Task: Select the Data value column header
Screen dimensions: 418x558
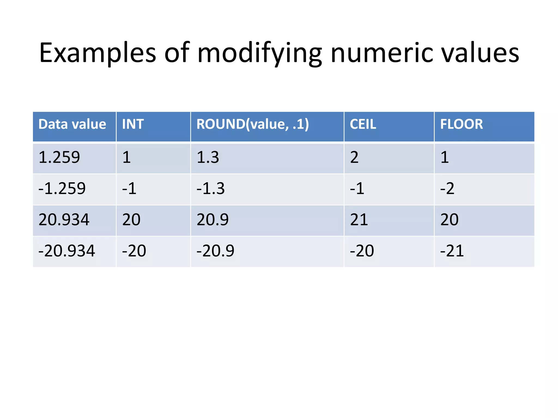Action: tap(72, 124)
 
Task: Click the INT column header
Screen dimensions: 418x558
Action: tap(133, 124)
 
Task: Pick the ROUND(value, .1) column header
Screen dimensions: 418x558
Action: tap(253, 124)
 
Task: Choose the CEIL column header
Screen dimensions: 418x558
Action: tap(363, 124)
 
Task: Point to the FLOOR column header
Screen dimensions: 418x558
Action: tap(461, 124)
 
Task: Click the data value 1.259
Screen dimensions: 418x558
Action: tap(59, 157)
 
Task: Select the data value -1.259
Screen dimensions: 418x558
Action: tap(62, 188)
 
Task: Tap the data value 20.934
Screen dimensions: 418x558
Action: tap(64, 220)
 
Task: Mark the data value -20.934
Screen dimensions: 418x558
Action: tap(67, 251)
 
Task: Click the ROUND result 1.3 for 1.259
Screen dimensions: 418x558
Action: tap(208, 157)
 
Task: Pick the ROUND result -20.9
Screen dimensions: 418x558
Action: tap(215, 251)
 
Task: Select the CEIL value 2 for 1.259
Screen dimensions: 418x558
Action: tap(354, 157)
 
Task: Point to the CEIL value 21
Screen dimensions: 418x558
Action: tap(359, 220)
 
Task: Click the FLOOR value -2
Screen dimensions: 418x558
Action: tap(447, 188)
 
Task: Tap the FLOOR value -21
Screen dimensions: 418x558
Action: tap(452, 251)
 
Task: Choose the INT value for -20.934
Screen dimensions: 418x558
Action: tap(134, 251)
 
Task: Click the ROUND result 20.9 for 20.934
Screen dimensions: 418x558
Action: tap(213, 220)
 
